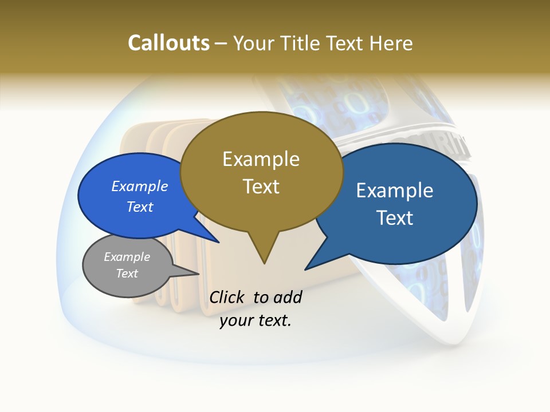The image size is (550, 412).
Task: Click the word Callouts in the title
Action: (168, 43)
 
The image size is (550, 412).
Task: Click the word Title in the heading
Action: (300, 43)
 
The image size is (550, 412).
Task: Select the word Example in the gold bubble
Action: (261, 159)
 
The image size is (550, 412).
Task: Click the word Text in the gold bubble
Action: (261, 186)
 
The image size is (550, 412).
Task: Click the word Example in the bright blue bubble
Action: (139, 186)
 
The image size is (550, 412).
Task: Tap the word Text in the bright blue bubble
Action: (139, 207)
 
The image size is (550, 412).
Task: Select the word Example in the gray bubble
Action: (127, 257)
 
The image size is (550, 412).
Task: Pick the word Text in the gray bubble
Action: (127, 274)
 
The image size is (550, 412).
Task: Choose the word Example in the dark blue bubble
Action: (394, 191)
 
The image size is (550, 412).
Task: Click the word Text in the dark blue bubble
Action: (394, 217)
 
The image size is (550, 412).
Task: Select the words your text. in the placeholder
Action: (256, 320)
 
